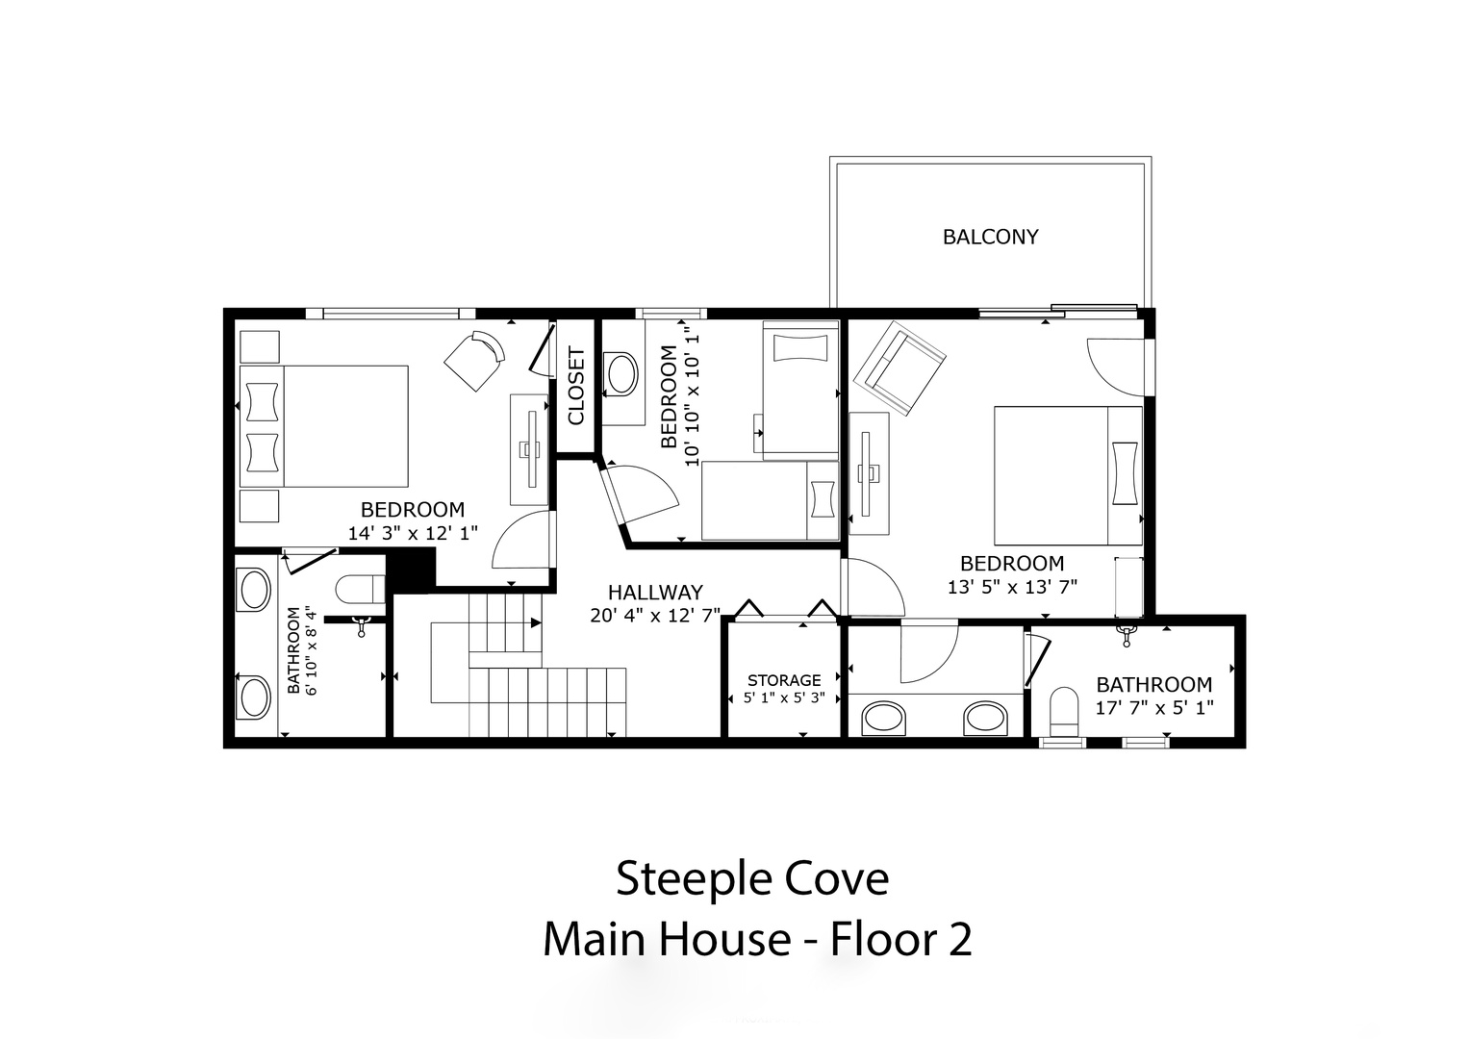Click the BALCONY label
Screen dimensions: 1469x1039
[990, 237]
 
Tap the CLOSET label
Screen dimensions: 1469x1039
[576, 387]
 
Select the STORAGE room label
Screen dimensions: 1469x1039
[784, 680]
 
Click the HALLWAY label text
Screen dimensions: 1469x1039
[655, 593]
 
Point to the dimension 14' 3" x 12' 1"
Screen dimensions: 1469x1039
[413, 533]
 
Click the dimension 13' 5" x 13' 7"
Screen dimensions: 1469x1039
[1012, 587]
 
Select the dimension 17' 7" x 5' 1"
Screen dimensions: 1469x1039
[1154, 708]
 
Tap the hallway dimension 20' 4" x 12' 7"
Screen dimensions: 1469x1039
[655, 616]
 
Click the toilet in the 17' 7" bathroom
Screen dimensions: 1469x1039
[1064, 711]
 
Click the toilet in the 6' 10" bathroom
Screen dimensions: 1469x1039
[360, 589]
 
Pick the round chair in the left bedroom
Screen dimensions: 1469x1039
[474, 361]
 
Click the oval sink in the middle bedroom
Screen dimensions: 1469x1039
[620, 374]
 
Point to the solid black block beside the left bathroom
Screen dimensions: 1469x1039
[411, 570]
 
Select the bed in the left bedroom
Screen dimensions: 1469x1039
[324, 426]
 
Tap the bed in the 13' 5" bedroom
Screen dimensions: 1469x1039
[1068, 475]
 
